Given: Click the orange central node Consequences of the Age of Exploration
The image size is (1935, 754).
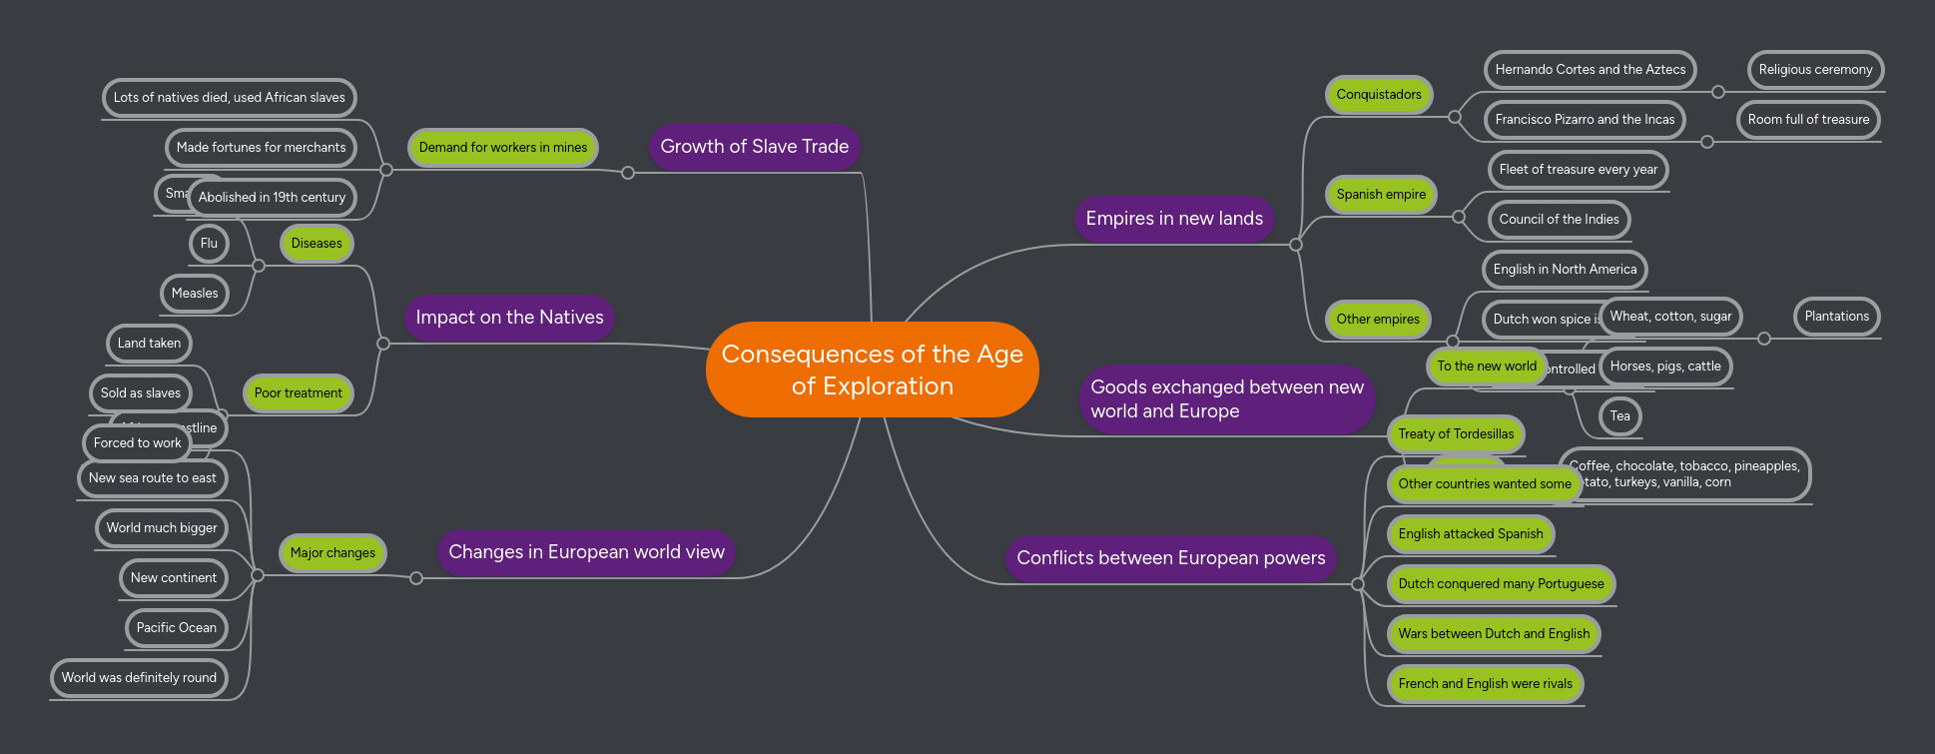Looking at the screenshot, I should click(x=872, y=370).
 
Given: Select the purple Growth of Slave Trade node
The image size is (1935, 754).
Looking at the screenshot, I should click(x=754, y=147).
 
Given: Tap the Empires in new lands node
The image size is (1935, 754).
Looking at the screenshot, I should click(x=1173, y=219).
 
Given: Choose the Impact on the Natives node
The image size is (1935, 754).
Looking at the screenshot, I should click(x=509, y=318).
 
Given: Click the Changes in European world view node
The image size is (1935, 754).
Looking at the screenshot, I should click(x=586, y=552).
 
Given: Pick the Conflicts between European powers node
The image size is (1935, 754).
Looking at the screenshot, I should click(x=1170, y=558).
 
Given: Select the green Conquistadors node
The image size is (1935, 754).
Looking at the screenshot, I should click(x=1378, y=95).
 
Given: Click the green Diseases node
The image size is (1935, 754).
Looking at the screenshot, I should click(x=317, y=244).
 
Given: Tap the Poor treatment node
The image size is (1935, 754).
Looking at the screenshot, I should click(x=298, y=393).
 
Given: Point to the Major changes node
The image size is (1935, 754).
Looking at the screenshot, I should click(x=332, y=553).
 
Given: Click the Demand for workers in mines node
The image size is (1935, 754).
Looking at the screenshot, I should click(x=502, y=148).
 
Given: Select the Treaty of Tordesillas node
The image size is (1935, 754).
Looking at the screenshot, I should click(x=1455, y=434).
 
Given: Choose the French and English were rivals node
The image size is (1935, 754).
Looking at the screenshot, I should click(x=1484, y=684).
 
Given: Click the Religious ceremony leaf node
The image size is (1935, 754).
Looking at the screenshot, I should click(x=1814, y=70).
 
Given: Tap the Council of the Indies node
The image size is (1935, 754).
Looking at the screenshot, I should click(x=1558, y=220).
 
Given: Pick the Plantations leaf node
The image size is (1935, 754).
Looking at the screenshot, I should click(x=1836, y=317).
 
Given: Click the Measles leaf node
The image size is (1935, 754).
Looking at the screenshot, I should click(x=195, y=294).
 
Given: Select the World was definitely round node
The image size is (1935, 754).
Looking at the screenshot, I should click(x=139, y=678).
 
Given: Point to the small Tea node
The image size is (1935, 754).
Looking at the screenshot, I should click(x=1619, y=416).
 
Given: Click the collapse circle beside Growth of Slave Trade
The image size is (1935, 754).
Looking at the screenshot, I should click(x=628, y=173).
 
